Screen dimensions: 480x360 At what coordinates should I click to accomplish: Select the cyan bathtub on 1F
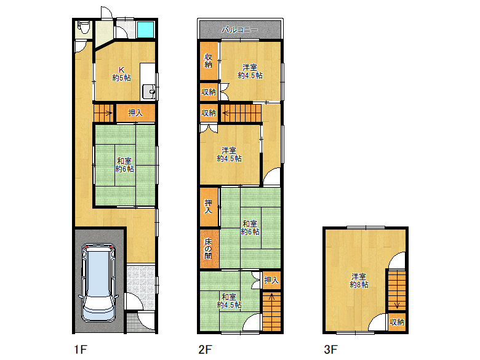pos(145,30)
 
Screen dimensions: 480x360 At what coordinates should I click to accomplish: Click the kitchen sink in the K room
pos(148,91)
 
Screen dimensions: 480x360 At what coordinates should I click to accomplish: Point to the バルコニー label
pos(240,30)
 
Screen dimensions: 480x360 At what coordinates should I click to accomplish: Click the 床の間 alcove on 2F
pos(209,249)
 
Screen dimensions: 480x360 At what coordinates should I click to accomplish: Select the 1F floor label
pos(81,350)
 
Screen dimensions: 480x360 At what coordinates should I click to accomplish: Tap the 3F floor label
pos(330,350)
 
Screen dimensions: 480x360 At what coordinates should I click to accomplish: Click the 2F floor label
pos(205,350)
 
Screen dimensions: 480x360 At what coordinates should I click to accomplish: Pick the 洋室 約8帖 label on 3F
pos(359,281)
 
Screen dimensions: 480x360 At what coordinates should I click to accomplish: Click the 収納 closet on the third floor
pos(397,322)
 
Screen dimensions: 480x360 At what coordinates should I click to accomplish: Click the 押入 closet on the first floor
pos(135,113)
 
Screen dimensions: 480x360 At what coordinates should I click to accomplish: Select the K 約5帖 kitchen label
pos(121,74)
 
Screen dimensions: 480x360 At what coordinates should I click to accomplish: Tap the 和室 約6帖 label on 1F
pos(124,165)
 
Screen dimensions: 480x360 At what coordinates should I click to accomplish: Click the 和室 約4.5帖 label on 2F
pos(230,301)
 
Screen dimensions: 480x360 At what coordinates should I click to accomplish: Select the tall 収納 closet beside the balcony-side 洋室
pos(209,60)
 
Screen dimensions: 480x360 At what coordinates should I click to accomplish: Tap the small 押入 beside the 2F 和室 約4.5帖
pos(271,280)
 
